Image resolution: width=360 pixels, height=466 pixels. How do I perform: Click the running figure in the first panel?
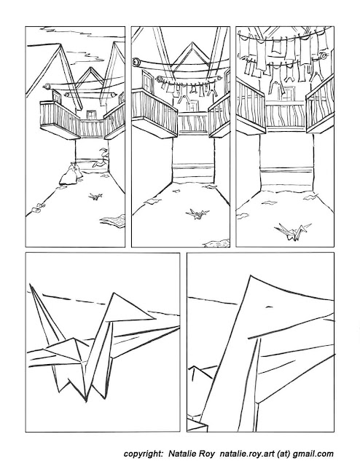coord(101,158)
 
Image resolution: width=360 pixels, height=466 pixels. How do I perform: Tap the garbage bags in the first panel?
coord(71,175)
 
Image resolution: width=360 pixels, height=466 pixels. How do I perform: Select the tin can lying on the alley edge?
coord(36,210)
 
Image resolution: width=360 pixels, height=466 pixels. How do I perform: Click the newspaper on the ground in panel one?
coord(113,220)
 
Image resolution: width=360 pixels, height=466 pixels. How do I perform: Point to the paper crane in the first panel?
coord(95,196)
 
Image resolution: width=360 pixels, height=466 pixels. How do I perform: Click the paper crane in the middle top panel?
coord(197,213)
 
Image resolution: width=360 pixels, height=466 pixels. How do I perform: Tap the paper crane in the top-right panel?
coord(292,232)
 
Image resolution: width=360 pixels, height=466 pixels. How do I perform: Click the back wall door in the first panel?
coord(91,114)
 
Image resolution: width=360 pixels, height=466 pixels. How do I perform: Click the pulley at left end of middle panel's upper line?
coord(136,62)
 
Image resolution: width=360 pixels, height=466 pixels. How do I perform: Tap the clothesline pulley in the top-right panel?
coord(323,55)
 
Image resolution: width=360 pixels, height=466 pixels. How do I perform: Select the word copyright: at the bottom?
coord(144,454)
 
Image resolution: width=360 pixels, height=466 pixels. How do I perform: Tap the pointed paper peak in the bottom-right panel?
coord(250,276)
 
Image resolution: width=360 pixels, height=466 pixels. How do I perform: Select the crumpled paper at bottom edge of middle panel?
coord(216,243)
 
